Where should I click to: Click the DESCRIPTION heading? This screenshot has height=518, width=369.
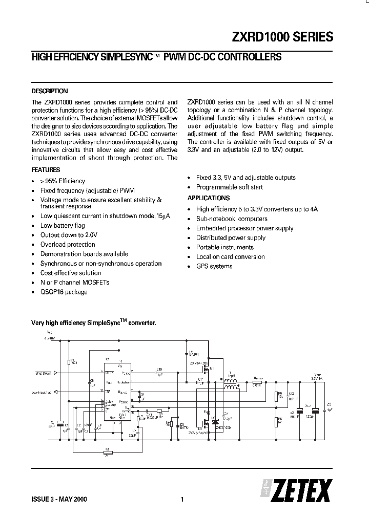pyautogui.click(x=50, y=91)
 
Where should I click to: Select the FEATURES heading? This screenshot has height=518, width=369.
pyautogui.click(x=46, y=169)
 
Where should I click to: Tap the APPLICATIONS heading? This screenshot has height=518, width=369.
pyautogui.click(x=209, y=198)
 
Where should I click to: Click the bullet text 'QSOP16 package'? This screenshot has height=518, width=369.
pyautogui.click(x=64, y=292)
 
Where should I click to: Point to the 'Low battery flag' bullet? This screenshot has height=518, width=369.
pyautogui.click(x=63, y=225)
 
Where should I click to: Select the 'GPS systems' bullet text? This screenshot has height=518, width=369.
pyautogui.click(x=214, y=266)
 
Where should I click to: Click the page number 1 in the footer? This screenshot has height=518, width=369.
pyautogui.click(x=182, y=500)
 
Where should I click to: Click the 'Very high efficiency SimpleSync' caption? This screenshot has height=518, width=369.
pyautogui.click(x=94, y=323)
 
